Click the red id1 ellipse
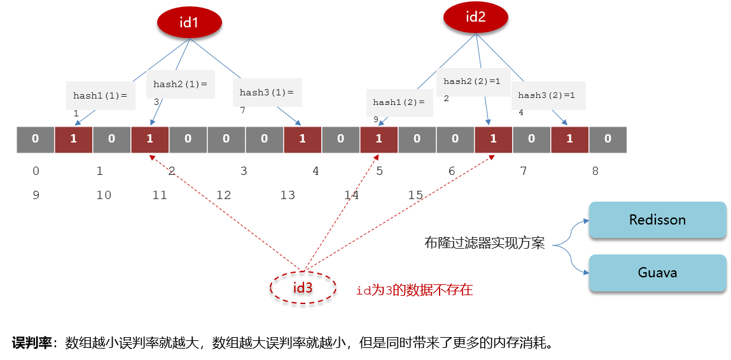click(x=189, y=22)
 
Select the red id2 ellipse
click(x=475, y=18)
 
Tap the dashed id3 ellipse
click(x=303, y=287)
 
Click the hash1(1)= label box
click(x=101, y=95)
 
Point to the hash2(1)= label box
click(x=181, y=85)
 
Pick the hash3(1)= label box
click(x=267, y=92)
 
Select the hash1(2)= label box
click(x=399, y=102)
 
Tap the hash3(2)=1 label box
click(x=548, y=95)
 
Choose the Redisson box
click(x=658, y=220)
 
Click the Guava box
click(x=658, y=273)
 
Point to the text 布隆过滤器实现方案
click(x=484, y=243)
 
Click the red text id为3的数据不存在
click(x=414, y=291)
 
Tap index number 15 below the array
click(x=415, y=195)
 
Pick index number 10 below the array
click(x=104, y=195)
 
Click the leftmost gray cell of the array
click(x=36, y=139)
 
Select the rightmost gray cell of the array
click(x=608, y=139)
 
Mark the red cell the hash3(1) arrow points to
click(x=303, y=139)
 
